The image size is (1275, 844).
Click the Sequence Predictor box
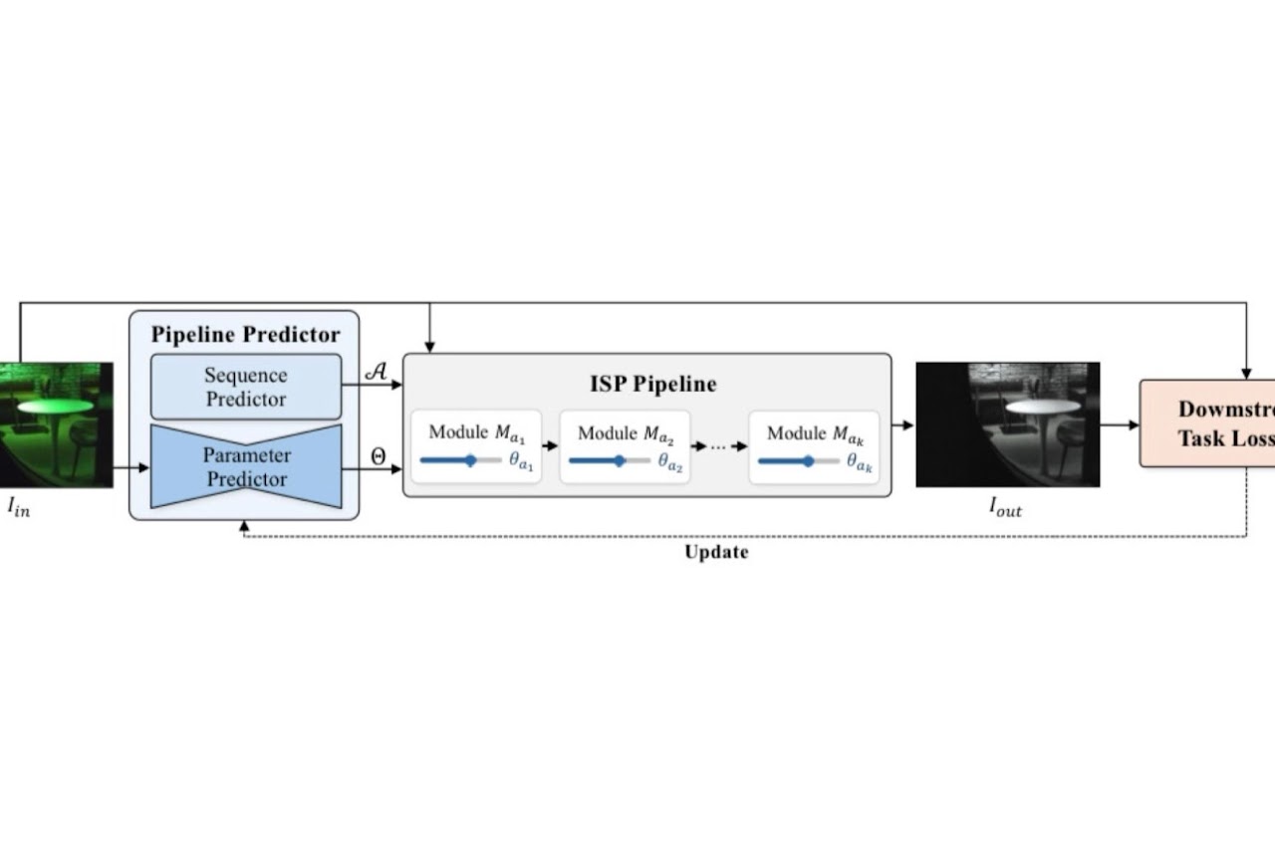pos(246,387)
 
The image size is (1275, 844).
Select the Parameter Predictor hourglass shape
pos(246,466)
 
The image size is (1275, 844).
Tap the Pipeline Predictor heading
pos(245,335)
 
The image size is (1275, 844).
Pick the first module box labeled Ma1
pos(476,446)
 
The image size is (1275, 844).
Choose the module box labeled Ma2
pos(625,446)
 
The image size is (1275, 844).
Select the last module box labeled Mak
pos(814,446)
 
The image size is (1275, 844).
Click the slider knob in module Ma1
pos(470,460)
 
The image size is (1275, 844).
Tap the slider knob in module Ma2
pos(619,460)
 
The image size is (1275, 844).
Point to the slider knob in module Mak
pos(808,460)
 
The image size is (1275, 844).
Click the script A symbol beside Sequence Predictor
pos(377,371)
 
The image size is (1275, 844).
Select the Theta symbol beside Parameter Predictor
pos(378,456)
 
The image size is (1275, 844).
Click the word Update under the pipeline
pos(716,552)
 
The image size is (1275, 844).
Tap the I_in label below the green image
pos(19,507)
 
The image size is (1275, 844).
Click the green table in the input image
pos(55,407)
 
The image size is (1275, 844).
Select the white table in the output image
pos(1042,407)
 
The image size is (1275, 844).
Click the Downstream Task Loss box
pos(1208,422)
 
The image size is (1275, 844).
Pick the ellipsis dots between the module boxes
pos(718,447)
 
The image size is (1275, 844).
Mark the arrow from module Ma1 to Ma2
pos(550,446)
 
